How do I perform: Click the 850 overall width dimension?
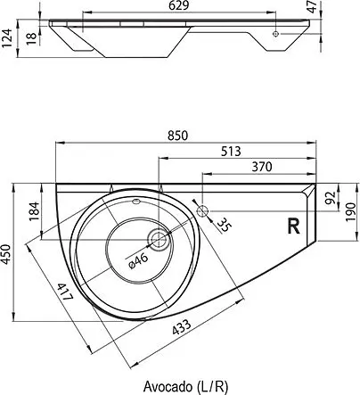[177, 136]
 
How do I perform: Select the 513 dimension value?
[231, 152]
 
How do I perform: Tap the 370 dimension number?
[262, 167]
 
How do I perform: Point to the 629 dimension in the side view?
[178, 5]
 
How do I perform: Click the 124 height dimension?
[7, 37]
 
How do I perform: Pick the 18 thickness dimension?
[32, 39]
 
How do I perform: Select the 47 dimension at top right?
[312, 7]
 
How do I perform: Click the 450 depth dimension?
[7, 254]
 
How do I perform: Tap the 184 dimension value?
[34, 211]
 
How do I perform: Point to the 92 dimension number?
[330, 198]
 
